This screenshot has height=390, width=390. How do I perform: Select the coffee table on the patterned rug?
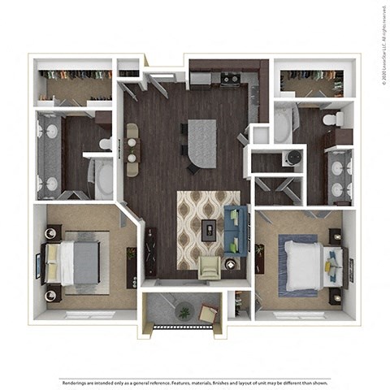point(210,230)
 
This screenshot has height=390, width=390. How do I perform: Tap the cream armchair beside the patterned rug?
point(210,266)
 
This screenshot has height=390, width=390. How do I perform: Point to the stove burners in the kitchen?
point(230,79)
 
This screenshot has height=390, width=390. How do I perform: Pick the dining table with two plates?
point(131,149)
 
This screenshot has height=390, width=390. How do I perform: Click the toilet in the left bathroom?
point(106,144)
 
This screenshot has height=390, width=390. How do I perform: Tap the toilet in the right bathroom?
point(331,120)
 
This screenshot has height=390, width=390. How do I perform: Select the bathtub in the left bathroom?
point(105,179)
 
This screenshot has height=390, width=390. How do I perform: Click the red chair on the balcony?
point(208,313)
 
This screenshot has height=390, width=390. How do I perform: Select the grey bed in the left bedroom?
point(77,262)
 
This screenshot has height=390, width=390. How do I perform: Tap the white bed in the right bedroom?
point(305,264)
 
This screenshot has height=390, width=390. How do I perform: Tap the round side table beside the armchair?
point(231,263)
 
